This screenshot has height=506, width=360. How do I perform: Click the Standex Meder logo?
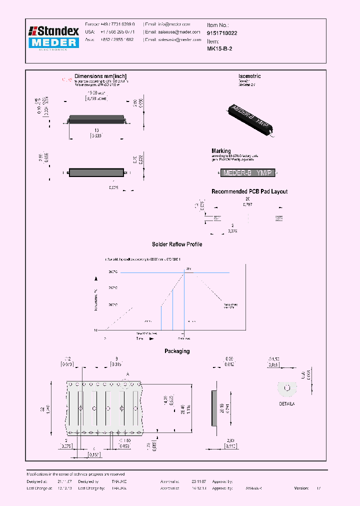click(x=53, y=37)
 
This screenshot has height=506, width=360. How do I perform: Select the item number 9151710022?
click(x=222, y=33)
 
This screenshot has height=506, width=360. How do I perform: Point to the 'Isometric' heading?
click(x=249, y=76)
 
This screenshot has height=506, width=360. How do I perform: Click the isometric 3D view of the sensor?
click(x=251, y=119)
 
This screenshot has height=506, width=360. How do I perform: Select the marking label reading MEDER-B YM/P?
click(x=247, y=173)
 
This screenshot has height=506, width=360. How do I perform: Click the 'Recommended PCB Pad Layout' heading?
click(x=249, y=191)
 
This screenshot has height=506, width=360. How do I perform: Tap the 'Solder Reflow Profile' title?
click(x=177, y=244)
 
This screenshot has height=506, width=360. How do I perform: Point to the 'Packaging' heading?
click(x=177, y=351)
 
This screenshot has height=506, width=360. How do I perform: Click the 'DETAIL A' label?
click(x=287, y=403)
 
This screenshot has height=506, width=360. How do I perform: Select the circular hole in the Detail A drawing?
click(x=287, y=387)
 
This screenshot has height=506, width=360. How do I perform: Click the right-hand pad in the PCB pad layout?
click(x=279, y=218)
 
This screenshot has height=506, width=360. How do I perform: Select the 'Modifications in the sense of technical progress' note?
click(x=75, y=474)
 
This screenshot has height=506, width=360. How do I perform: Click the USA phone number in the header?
click(x=114, y=31)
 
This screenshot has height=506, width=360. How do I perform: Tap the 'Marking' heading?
click(x=221, y=150)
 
